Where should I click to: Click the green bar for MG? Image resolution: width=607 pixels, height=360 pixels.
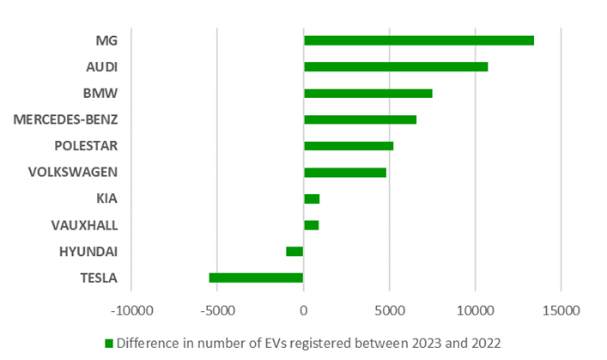point(418,40)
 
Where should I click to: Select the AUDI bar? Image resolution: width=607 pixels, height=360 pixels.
point(395,67)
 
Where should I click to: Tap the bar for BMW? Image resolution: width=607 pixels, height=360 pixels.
point(367,93)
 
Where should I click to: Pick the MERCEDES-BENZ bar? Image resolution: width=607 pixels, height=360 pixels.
point(360,119)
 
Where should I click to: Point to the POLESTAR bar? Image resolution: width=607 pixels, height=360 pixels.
point(348,146)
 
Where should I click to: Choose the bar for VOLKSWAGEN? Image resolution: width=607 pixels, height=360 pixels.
point(344,172)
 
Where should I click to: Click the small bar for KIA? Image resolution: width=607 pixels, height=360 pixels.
point(312,198)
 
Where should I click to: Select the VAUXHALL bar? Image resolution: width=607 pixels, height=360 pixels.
point(311,225)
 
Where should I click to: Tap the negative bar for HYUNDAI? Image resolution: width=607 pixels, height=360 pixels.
point(294,251)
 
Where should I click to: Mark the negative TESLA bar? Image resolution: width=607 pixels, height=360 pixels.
point(256,278)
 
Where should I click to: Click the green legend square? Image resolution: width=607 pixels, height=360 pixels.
point(109,343)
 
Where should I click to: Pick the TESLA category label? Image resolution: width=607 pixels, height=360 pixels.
point(99,278)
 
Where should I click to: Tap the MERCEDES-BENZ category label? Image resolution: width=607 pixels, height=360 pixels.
point(65,119)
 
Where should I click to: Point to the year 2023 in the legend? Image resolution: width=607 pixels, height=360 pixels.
point(416,343)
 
